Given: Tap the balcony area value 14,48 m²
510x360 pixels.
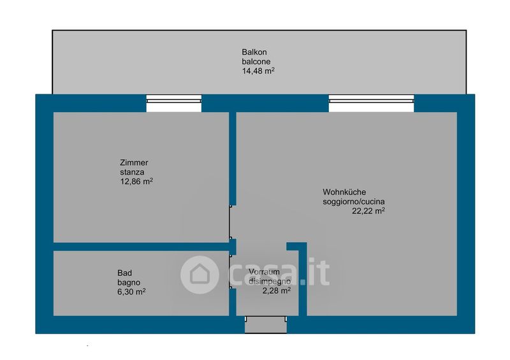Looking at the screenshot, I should [258, 71].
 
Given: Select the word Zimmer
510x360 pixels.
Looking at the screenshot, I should [134, 162].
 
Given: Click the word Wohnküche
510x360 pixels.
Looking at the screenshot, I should [344, 192].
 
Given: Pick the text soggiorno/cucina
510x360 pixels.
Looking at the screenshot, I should [353, 201].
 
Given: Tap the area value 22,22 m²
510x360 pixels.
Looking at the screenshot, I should [368, 211].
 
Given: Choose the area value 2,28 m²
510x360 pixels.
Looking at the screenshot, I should [276, 291].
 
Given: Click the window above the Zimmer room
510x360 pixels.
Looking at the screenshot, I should [174, 103].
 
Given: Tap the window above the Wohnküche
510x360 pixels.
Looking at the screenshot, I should [371, 103].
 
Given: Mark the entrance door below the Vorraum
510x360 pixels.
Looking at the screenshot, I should [266, 324].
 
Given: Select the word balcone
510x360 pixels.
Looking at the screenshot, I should [256, 61].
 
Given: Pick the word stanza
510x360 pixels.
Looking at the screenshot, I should [131, 172].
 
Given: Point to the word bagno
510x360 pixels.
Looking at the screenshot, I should [129, 282].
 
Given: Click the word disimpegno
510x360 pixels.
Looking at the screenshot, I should [270, 281].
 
